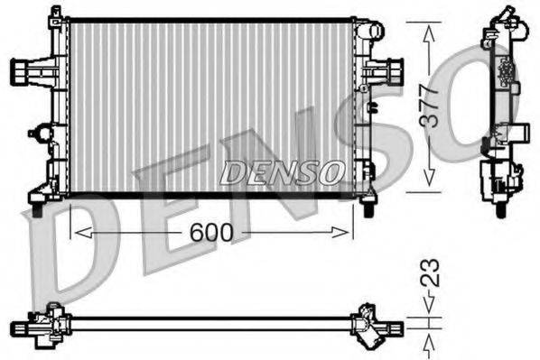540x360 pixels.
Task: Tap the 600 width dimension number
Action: click(x=211, y=233)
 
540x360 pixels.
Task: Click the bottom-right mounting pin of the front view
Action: click(x=369, y=207)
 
